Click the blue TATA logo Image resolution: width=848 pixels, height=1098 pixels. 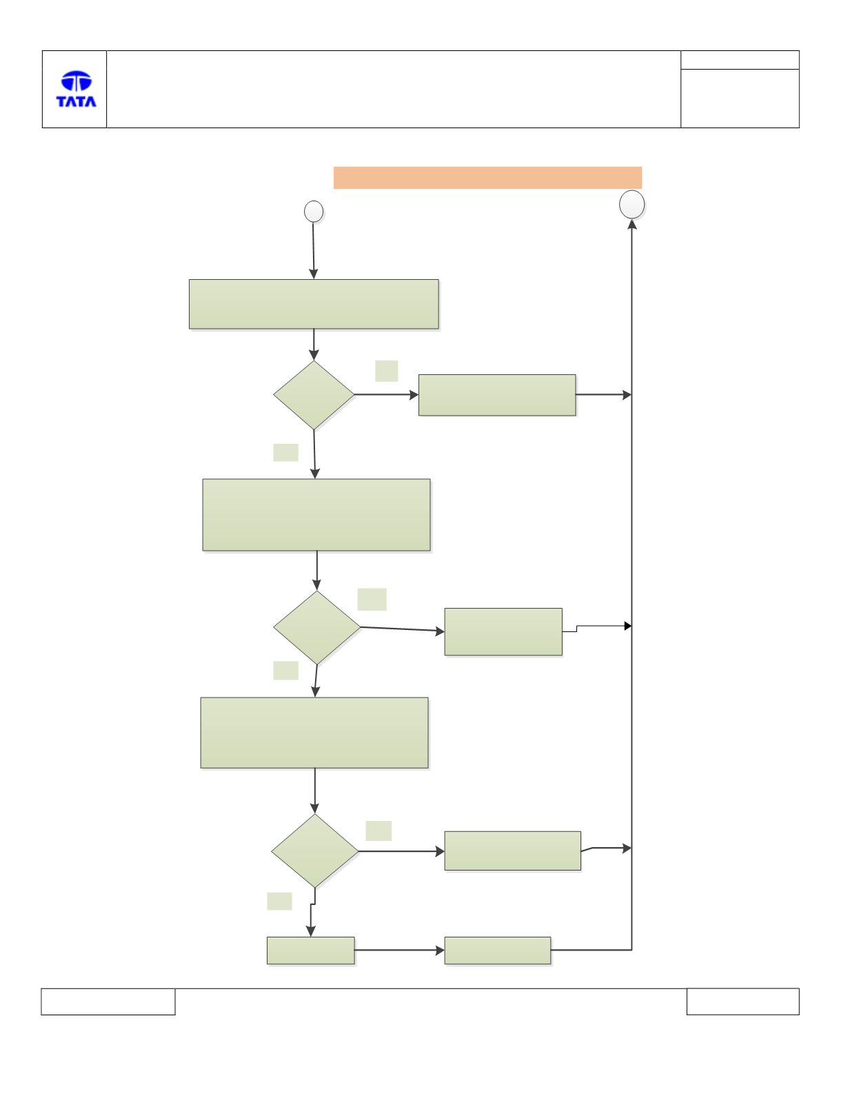coord(77,89)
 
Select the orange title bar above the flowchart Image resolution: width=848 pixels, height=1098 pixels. coord(487,178)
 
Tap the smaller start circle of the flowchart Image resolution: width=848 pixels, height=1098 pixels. coord(314,211)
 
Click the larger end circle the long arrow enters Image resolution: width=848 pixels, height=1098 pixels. coord(632,205)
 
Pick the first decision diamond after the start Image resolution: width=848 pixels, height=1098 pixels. coord(314,395)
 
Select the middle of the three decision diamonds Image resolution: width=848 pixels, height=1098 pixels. coord(317,627)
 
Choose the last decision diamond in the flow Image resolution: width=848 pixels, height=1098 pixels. coord(315,851)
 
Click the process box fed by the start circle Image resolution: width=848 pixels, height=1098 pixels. coord(314,304)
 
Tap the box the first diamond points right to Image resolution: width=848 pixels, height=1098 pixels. coord(497,395)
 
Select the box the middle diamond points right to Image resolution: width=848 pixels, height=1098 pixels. coord(503,631)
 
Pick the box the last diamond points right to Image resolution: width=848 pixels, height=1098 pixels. coord(513,851)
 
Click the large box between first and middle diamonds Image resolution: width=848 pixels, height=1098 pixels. coord(316,515)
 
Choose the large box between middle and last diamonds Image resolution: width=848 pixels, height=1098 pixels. coord(314,733)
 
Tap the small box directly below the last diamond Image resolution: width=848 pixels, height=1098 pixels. coord(311,950)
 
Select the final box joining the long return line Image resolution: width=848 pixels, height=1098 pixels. coord(498,950)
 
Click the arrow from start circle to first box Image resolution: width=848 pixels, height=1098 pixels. coord(313,251)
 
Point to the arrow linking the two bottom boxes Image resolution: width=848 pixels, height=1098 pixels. coord(400,950)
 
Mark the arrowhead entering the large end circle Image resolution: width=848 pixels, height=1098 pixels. coord(632,224)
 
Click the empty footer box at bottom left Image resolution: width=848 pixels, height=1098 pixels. coord(108,1002)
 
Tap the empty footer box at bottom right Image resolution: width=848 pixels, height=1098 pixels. coord(743,1002)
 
